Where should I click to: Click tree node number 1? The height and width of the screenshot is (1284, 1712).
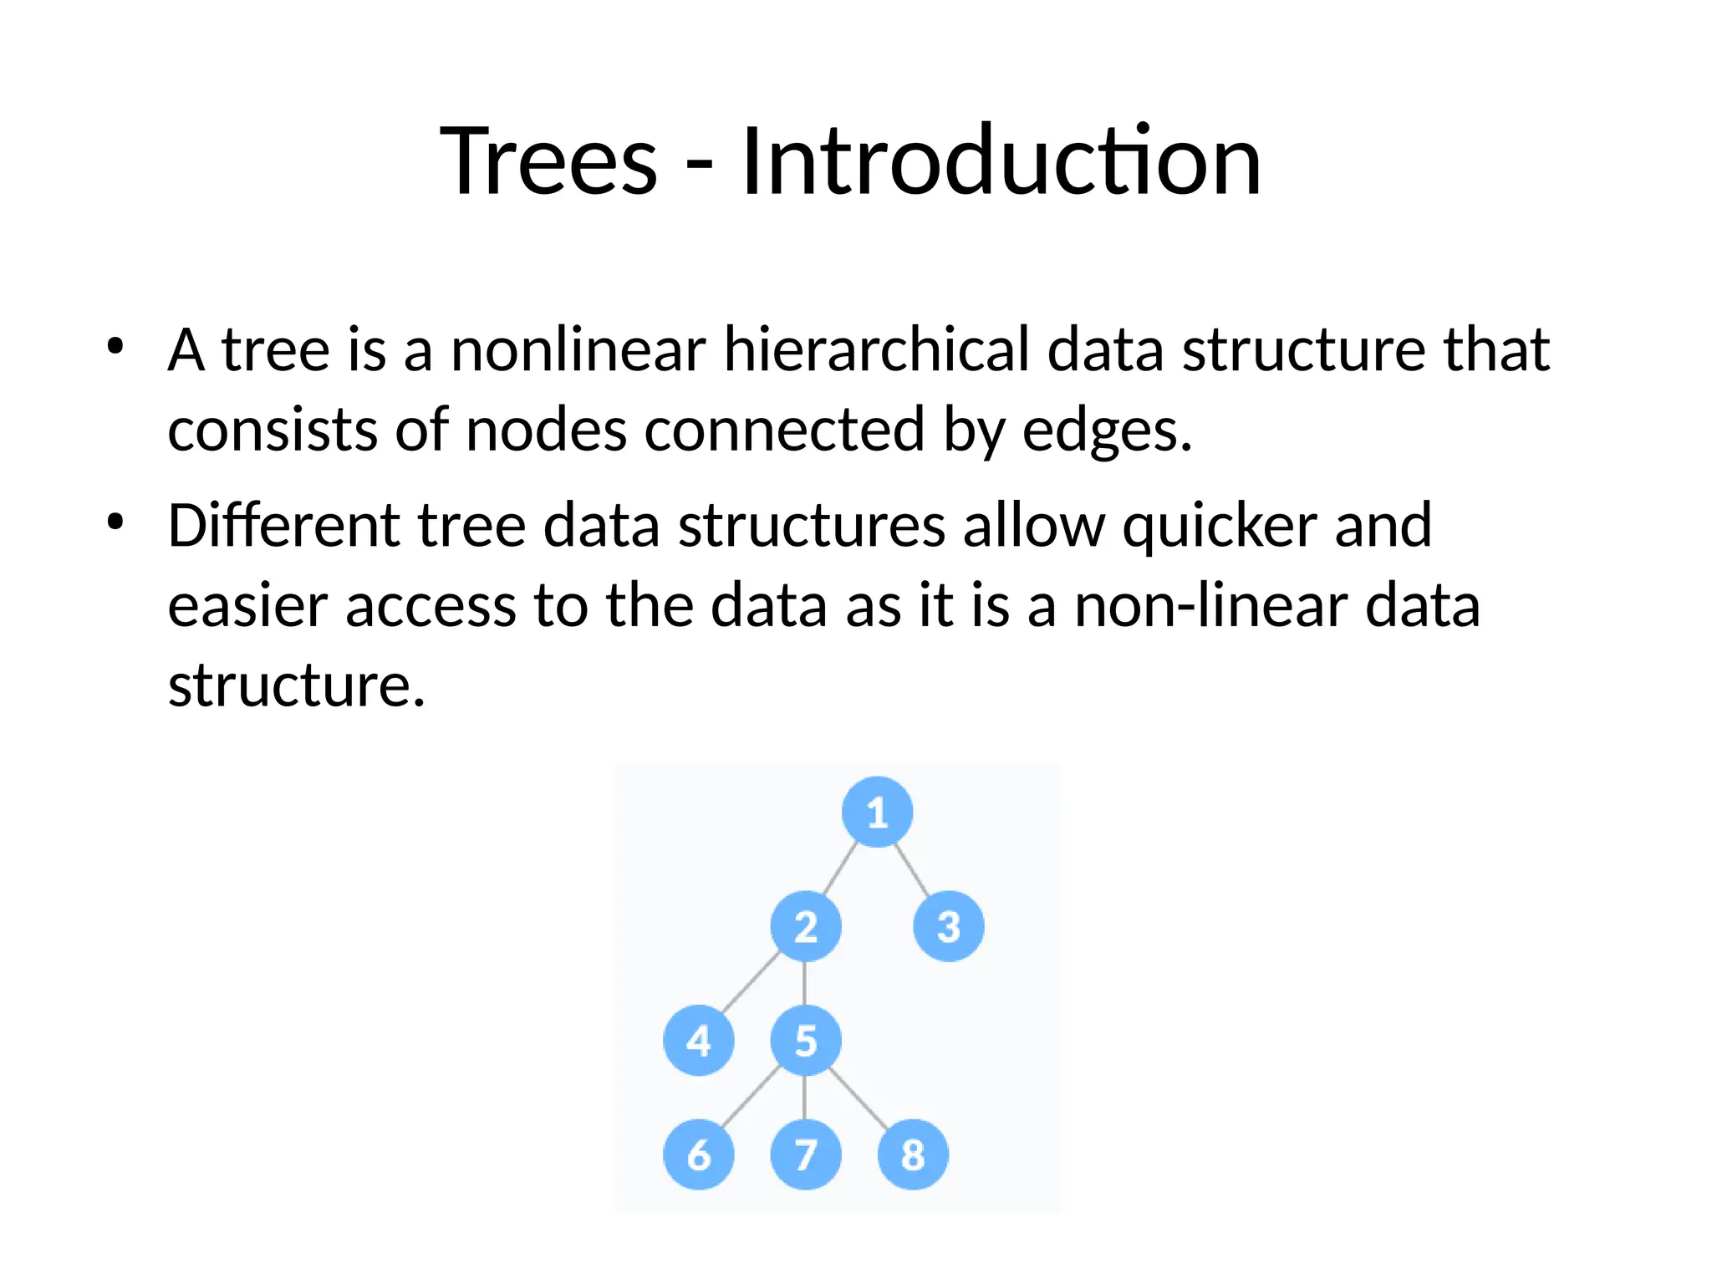[x=877, y=812]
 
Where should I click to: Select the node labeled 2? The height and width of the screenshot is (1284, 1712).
[x=805, y=926]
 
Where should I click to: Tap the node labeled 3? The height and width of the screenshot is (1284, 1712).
[x=949, y=926]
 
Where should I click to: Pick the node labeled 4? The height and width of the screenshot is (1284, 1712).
[x=699, y=1041]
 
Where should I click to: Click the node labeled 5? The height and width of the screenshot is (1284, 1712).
[x=805, y=1041]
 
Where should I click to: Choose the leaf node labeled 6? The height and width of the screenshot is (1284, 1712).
[x=699, y=1154]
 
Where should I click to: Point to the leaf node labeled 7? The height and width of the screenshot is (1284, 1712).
[x=805, y=1154]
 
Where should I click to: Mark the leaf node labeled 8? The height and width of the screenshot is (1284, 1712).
[x=913, y=1154]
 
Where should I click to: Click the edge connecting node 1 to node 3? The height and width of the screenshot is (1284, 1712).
[x=912, y=869]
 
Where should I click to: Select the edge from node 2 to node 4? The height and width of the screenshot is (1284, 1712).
[x=751, y=984]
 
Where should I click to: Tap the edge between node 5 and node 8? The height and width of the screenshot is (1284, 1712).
[x=859, y=1098]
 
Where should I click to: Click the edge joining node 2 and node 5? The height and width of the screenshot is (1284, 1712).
[x=804, y=984]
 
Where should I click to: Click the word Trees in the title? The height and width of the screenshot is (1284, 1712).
[x=549, y=160]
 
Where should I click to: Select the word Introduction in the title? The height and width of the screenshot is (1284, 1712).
[x=1001, y=160]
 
